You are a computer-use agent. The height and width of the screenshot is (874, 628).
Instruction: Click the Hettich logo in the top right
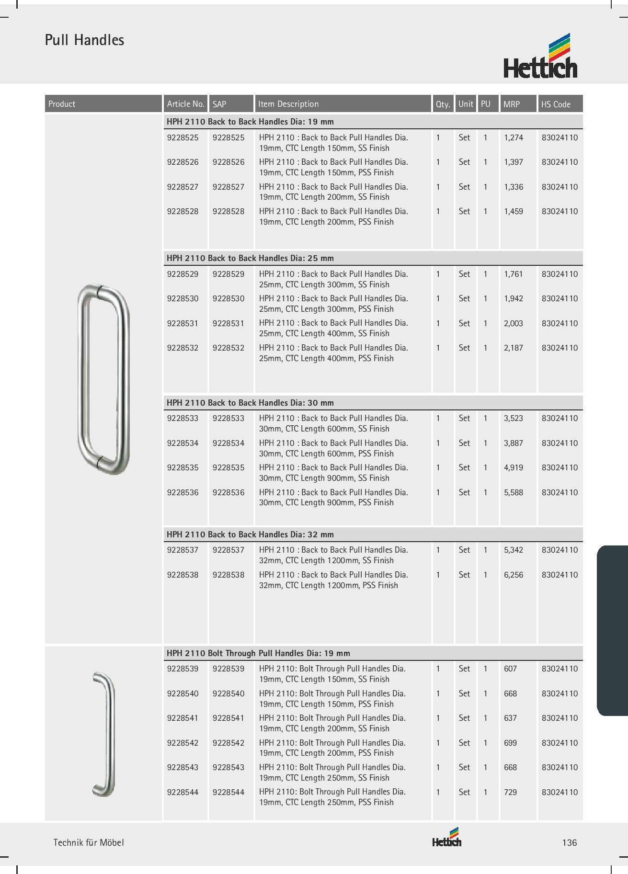[540, 57]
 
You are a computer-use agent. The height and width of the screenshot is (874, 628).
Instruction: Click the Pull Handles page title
[84, 40]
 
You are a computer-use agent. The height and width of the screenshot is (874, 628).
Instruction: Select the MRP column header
[512, 104]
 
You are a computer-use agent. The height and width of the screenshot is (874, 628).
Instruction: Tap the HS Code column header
[556, 104]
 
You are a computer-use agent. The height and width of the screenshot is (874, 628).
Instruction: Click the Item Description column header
[288, 104]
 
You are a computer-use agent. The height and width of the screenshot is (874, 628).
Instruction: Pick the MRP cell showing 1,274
[514, 138]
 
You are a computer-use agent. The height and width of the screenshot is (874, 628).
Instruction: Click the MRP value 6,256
[514, 575]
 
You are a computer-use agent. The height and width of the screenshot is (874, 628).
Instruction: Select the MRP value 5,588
[514, 492]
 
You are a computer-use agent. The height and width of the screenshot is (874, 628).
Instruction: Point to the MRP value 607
[511, 669]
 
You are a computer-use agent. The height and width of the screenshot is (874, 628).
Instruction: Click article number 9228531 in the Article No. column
[183, 323]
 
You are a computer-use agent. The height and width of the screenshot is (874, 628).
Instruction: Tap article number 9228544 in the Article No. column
[183, 792]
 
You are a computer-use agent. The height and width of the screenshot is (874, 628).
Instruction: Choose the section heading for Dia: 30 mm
[250, 403]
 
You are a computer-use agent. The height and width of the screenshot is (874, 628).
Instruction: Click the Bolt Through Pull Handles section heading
[258, 653]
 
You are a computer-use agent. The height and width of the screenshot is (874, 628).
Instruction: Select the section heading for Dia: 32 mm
[250, 534]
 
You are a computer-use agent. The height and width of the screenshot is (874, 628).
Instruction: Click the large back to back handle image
[103, 379]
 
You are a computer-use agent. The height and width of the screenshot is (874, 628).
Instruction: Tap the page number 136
[570, 842]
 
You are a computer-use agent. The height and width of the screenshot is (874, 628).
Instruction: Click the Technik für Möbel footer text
[89, 842]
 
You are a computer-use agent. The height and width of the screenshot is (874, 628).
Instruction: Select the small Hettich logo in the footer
[447, 838]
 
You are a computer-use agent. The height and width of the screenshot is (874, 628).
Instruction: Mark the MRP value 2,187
[514, 348]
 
